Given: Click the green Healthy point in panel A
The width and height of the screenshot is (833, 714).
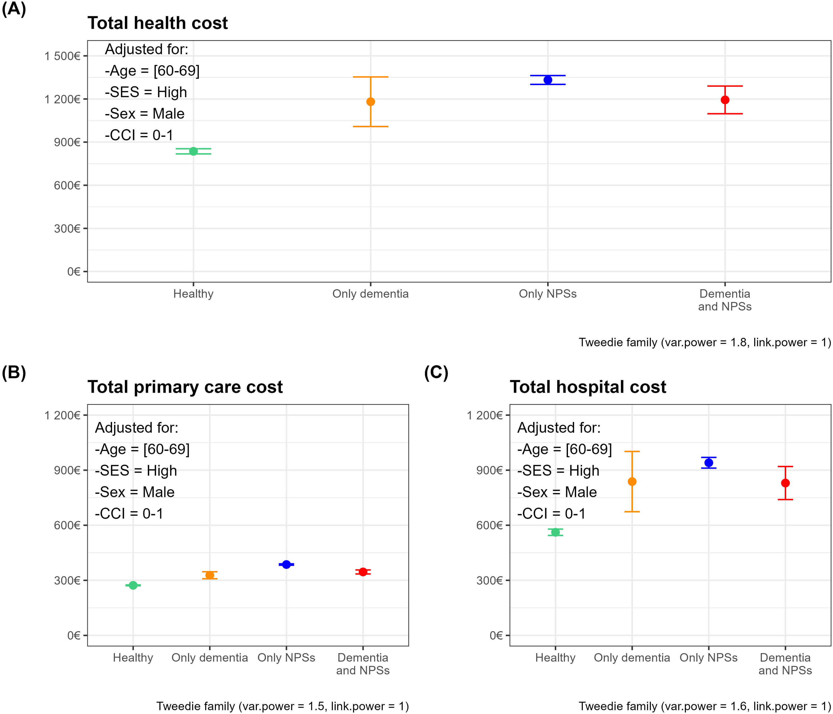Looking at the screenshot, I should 193,151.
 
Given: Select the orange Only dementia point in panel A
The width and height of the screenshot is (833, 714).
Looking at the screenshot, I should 371,102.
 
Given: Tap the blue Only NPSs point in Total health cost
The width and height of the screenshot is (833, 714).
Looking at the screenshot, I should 548,80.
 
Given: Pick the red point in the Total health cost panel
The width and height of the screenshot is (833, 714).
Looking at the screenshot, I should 725,100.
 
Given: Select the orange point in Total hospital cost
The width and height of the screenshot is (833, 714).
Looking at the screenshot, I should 632,482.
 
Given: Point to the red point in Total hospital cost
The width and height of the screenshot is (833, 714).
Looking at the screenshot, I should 785,483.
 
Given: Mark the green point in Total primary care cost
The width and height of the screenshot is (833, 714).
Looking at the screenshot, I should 133,586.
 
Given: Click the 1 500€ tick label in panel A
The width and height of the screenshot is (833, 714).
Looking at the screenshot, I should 62,56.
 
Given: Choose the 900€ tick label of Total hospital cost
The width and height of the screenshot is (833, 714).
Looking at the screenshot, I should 489,470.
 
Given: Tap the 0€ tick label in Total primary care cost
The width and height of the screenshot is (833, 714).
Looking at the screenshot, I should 74,635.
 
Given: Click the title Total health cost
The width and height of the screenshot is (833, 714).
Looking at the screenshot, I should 158,23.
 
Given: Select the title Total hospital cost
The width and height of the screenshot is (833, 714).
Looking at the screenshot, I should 588,387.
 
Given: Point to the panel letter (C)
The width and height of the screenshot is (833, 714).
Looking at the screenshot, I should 436,373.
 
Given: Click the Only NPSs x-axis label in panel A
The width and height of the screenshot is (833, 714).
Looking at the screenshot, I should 548,294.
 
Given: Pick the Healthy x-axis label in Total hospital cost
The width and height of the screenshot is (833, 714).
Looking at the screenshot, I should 555,658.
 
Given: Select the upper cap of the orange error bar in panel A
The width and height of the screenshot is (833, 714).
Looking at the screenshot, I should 371,77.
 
